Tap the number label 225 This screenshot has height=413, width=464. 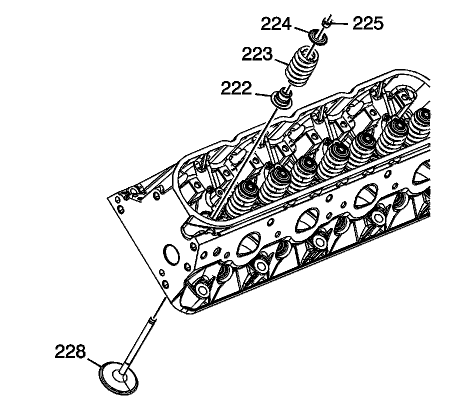point(367,23)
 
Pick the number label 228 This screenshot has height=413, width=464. point(70,352)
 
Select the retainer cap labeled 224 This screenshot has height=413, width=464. point(316,36)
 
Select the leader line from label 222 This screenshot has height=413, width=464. point(262,93)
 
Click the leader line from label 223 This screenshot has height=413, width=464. point(280,61)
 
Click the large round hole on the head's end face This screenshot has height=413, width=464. point(170,254)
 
